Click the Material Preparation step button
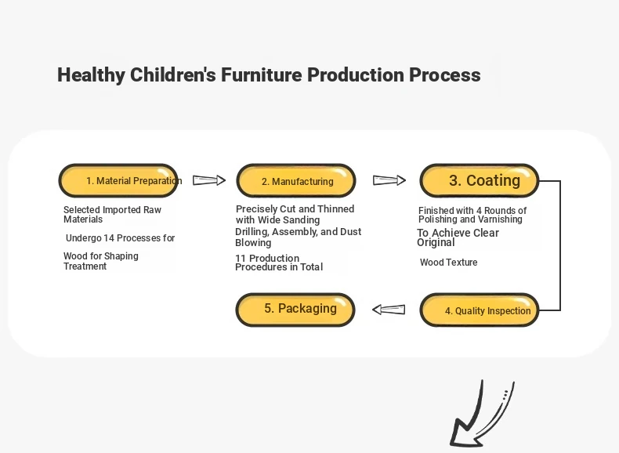point(118,180)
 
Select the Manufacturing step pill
point(296,180)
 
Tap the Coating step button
point(480,180)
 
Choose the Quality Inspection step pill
point(480,310)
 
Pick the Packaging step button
point(295,310)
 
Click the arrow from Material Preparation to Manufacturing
point(209,180)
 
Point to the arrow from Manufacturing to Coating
point(389,180)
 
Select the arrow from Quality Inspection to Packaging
point(389,310)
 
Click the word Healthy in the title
point(91,75)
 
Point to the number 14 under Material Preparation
point(109,238)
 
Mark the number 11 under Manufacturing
point(241,259)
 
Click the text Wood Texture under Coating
point(448,263)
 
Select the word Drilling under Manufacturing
point(252,232)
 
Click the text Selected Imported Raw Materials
point(112,215)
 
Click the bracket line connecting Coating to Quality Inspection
point(560,245)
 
